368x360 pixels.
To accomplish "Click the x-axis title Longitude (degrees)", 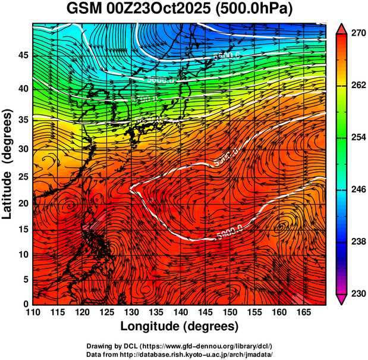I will pyautogui.click(x=179, y=326).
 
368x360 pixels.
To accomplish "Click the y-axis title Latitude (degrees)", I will pyautogui.click(x=8, y=164).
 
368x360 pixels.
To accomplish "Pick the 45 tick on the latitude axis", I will pyautogui.click(x=24, y=55).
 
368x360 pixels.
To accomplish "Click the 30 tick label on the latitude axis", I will pyautogui.click(x=24, y=149).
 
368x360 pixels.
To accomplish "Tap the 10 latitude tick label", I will pyautogui.click(x=24, y=254).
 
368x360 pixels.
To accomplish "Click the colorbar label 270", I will pyautogui.click(x=358, y=34).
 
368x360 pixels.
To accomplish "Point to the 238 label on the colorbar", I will pyautogui.click(x=358, y=242).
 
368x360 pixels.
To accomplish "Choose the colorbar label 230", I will pyautogui.click(x=358, y=293).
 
